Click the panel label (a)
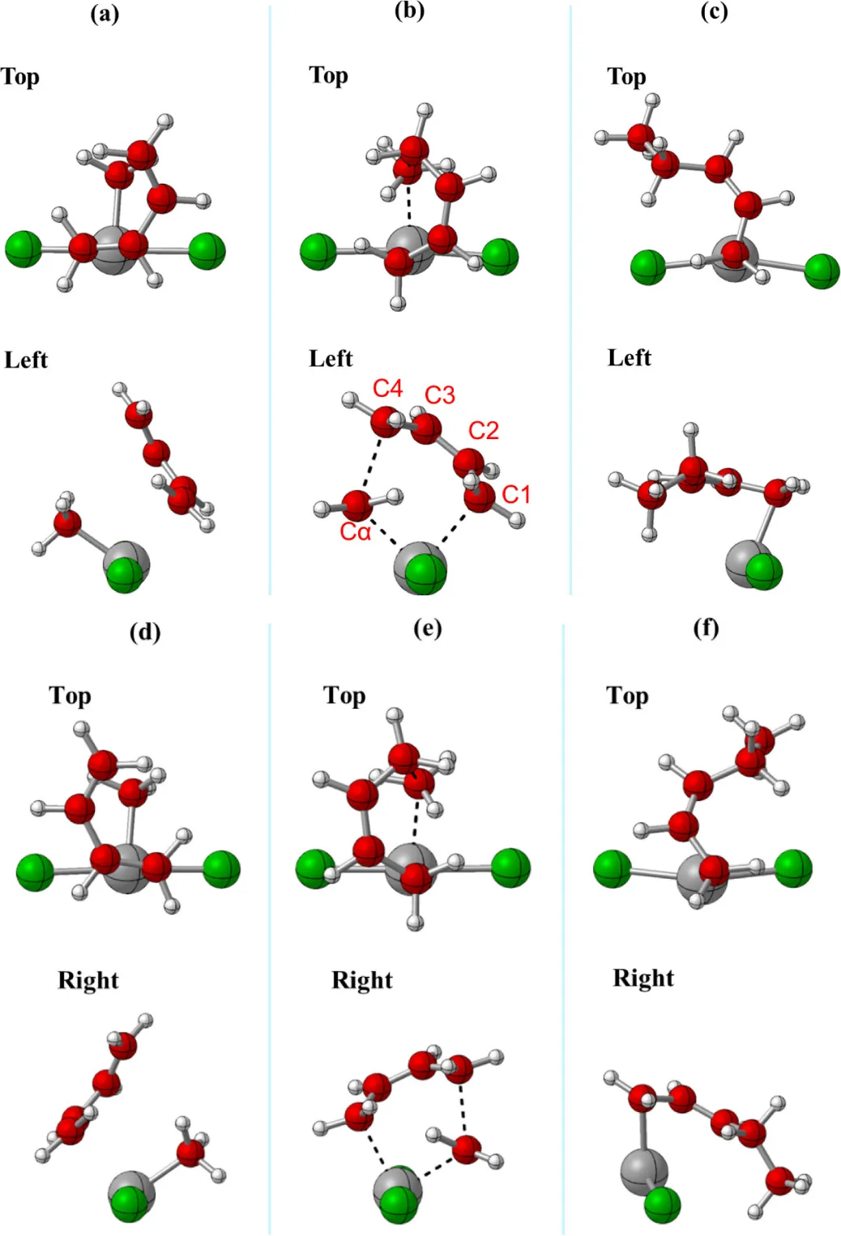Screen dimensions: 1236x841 (105, 14)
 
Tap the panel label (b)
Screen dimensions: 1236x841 (409, 11)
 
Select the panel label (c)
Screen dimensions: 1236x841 (714, 12)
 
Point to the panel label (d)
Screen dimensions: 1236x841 (145, 631)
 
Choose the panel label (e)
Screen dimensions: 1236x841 (428, 628)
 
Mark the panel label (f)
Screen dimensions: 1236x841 (706, 628)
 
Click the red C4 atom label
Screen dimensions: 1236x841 (387, 389)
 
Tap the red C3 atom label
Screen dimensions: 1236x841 (440, 395)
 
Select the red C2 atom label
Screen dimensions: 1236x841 (484, 430)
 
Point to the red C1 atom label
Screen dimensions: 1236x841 (516, 494)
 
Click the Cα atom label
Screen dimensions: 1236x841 (355, 532)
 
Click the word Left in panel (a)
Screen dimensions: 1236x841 (26, 360)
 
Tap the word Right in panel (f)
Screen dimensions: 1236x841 (642, 978)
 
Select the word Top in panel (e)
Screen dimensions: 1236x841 (344, 696)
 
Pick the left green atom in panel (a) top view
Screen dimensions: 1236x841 (23, 249)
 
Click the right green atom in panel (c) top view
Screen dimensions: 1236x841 (822, 271)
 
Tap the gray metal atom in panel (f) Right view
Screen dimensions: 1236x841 (643, 1170)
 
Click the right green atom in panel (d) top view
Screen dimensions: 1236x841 (221, 870)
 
